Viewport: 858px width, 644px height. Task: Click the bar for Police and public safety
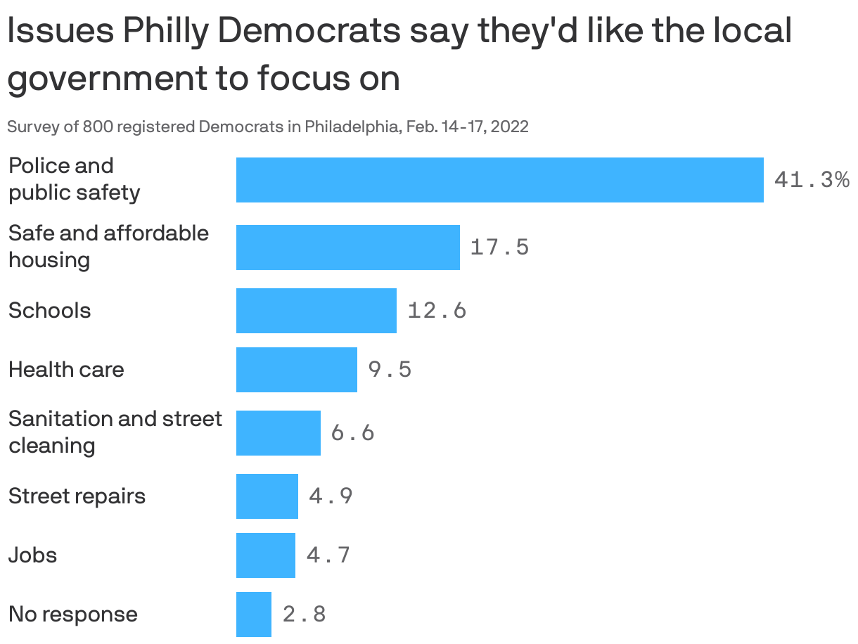pos(499,180)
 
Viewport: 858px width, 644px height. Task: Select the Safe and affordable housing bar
pos(347,247)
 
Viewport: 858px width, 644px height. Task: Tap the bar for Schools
pos(316,310)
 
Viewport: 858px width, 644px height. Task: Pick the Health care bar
pos(296,369)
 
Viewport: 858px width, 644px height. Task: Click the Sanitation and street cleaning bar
pos(278,432)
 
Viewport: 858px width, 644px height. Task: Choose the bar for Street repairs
pos(267,496)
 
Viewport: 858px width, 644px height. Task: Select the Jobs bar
pos(265,555)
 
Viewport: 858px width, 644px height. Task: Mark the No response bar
pos(253,614)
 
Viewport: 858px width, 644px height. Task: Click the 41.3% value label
pos(812,180)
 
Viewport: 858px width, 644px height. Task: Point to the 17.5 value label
pos(499,247)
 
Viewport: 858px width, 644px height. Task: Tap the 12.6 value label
pos(437,310)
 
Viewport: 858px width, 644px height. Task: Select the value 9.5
pos(390,369)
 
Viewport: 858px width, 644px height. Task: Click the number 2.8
pos(304,614)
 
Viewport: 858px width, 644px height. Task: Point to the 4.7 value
pos(328,555)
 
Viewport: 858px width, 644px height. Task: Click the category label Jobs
pos(32,555)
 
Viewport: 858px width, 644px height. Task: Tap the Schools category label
pos(49,310)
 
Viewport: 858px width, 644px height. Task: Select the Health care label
pos(66,369)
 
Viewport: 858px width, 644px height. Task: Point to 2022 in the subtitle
pos(511,127)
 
